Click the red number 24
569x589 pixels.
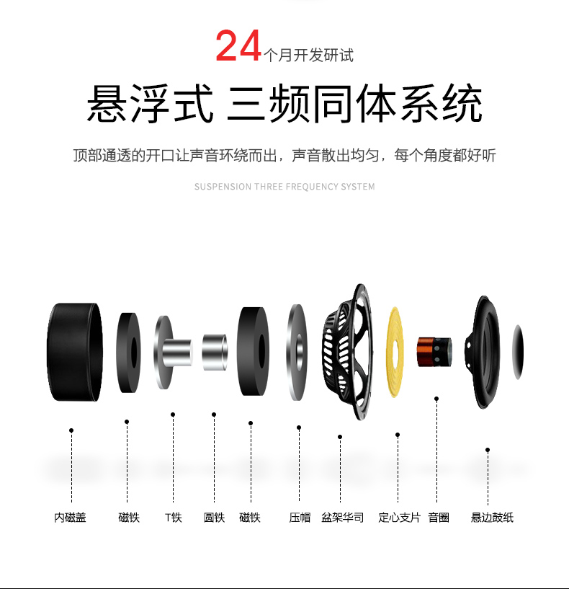pos(238,46)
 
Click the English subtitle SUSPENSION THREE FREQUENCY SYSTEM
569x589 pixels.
pos(284,187)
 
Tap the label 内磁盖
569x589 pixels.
pos(70,517)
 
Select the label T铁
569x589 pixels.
pos(174,517)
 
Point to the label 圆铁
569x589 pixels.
pos(214,517)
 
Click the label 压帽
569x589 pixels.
pos(300,517)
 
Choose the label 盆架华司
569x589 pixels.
pos(343,517)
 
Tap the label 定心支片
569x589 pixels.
pos(399,517)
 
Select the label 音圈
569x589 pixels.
pos(439,517)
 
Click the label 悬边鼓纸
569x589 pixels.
pos(492,517)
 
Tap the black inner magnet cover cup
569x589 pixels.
pos(75,352)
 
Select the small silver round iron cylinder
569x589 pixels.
pos(215,352)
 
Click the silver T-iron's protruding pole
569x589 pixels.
pos(177,353)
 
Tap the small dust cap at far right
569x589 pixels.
pos(518,352)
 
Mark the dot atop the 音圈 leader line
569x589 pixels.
pos(436,399)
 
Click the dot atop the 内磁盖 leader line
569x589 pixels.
pos(71,430)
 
